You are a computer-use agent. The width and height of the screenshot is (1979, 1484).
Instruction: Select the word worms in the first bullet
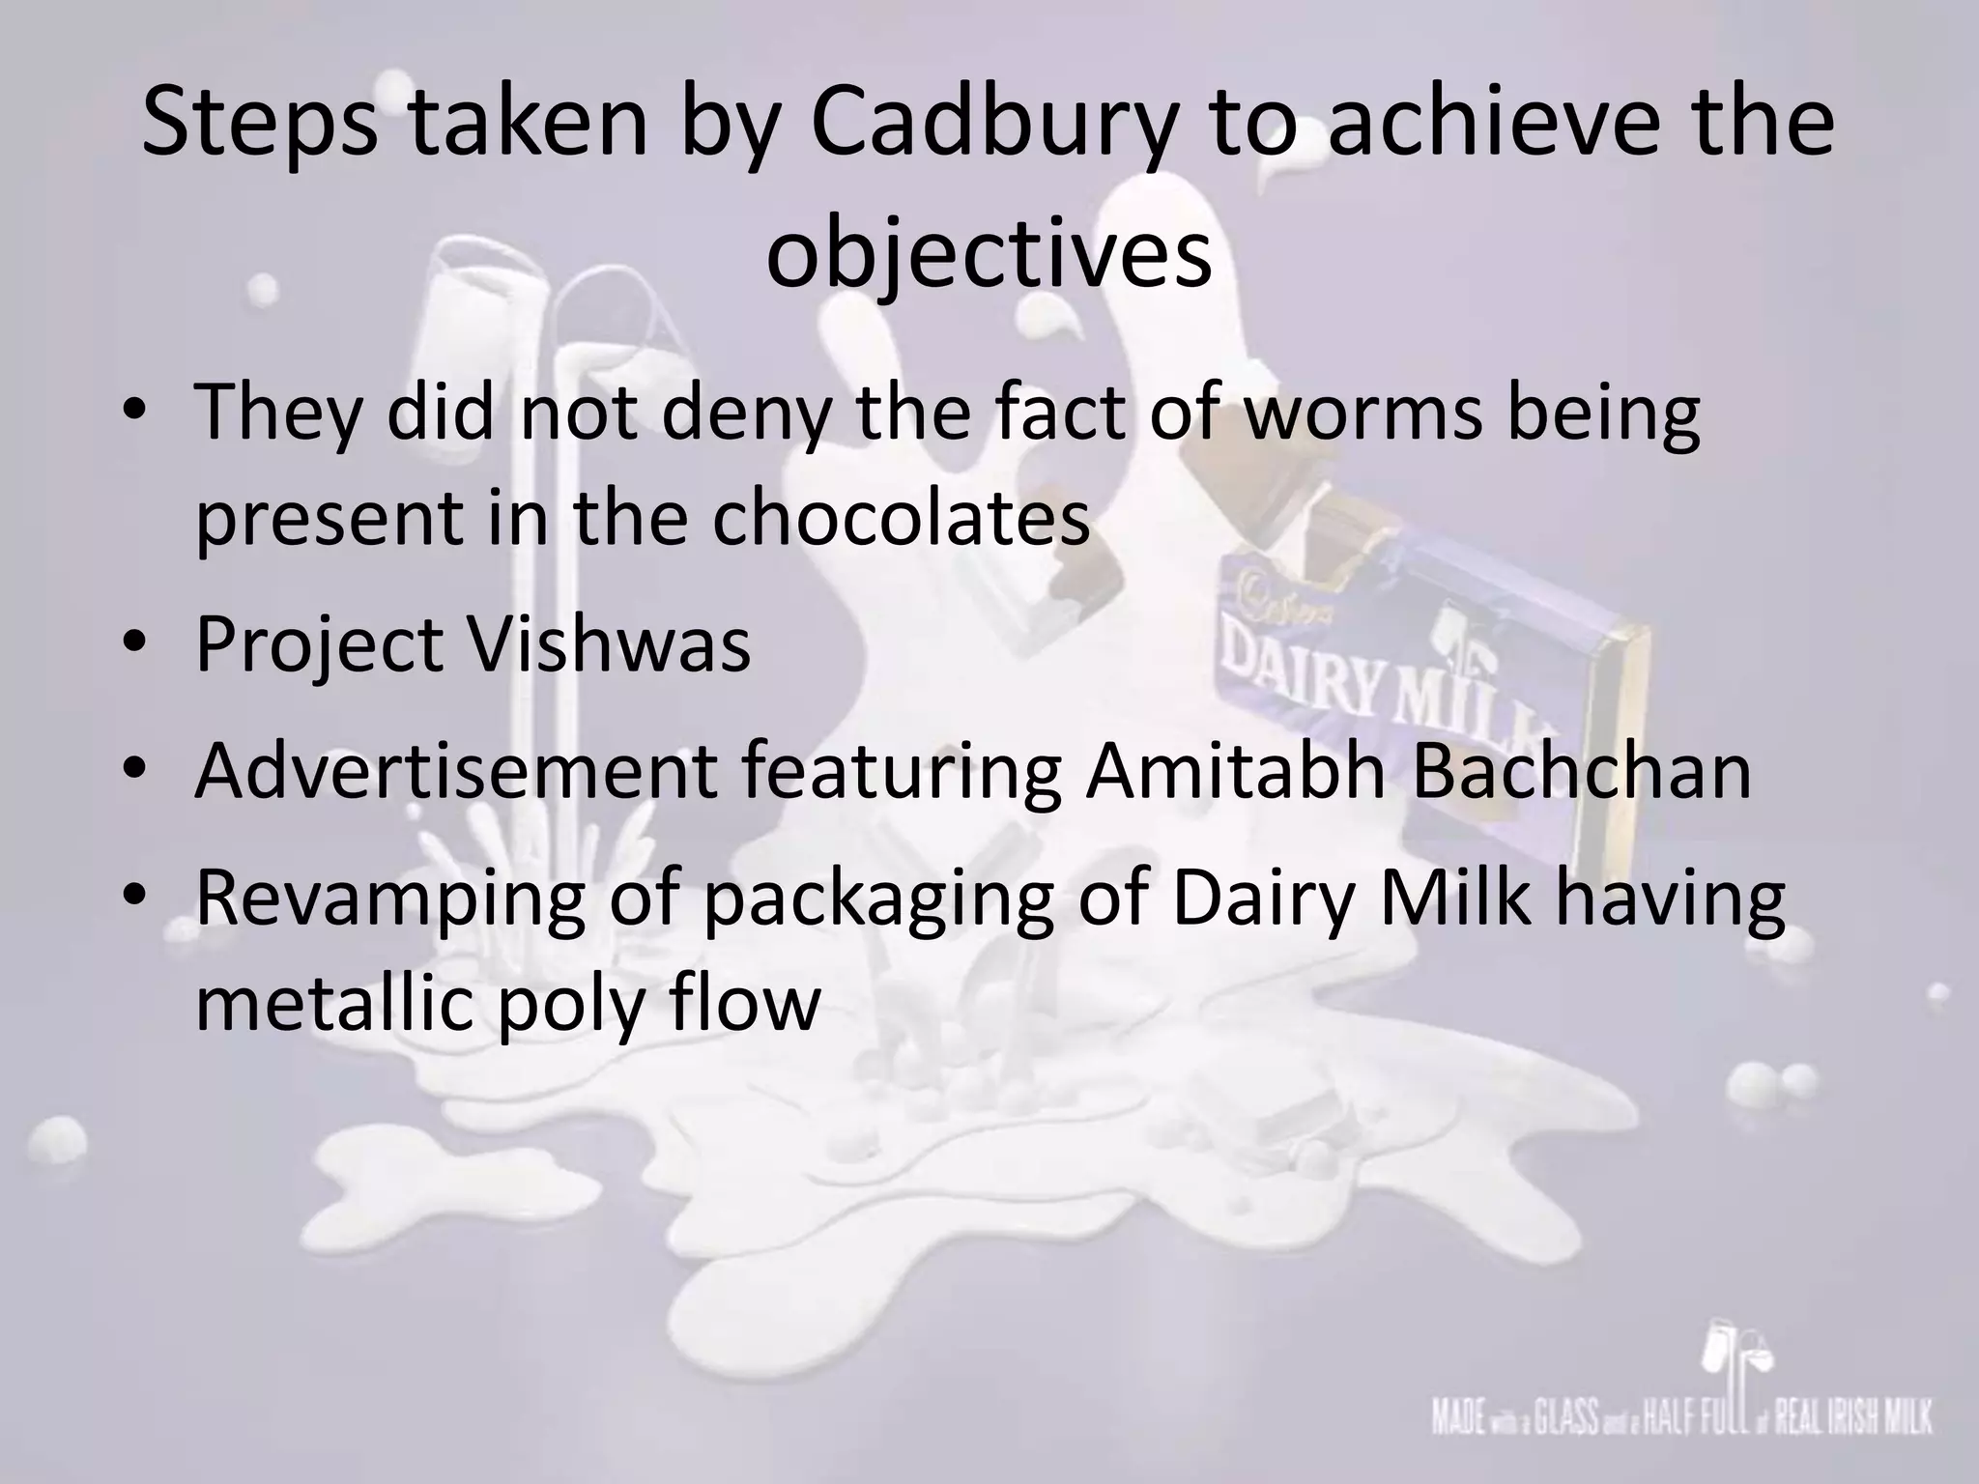pos(1362,413)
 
